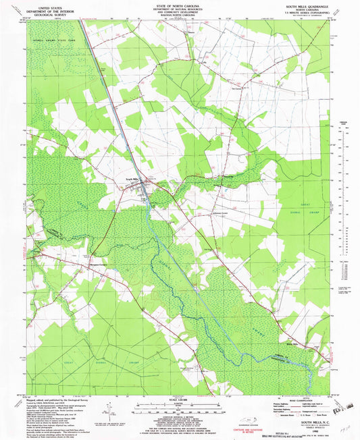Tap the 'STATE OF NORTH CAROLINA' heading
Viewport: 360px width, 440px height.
[x=180, y=4]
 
